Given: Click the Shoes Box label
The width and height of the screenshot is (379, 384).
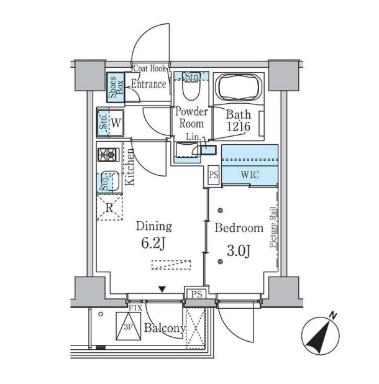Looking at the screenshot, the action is (x=116, y=88).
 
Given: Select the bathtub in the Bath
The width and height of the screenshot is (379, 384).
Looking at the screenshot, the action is (x=239, y=87).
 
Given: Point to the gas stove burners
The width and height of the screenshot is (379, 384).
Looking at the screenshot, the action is (x=109, y=155).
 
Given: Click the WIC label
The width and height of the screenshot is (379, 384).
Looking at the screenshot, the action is (x=250, y=175).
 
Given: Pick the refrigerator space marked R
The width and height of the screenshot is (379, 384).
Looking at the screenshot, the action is (x=109, y=208).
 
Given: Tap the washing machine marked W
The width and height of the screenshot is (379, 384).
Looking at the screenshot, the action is (x=111, y=123).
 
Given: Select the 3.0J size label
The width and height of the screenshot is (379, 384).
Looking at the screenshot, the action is (x=239, y=250).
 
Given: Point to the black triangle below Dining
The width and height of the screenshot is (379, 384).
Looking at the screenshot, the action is (x=162, y=289).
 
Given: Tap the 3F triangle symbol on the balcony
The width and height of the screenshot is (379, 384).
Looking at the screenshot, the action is (x=129, y=326).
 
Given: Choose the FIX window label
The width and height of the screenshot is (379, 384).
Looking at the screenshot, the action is (x=135, y=308).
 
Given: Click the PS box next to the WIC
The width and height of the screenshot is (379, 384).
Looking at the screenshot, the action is (x=213, y=175).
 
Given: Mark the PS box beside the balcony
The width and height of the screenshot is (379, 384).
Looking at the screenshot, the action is (x=196, y=294).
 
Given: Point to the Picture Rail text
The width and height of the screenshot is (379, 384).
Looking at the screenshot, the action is (x=273, y=227).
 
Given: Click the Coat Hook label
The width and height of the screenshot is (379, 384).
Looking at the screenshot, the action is (x=150, y=68).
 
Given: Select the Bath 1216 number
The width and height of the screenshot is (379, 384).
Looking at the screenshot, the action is (x=239, y=126).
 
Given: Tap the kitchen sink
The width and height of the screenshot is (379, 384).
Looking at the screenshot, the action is (x=109, y=181).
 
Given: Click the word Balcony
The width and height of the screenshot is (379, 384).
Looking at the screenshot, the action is (x=165, y=328).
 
